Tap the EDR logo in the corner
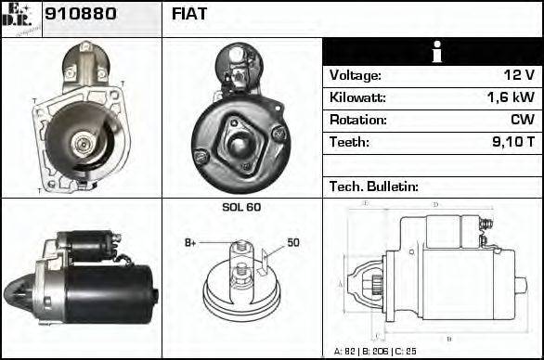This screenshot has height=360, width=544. point(20,19)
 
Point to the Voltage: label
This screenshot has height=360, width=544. point(355,75)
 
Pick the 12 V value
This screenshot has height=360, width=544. point(520,75)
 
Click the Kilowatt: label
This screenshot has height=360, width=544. point(357,97)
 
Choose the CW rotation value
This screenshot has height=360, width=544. point(522,120)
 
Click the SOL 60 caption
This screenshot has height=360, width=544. point(240,207)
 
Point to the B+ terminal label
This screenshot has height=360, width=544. point(190,243)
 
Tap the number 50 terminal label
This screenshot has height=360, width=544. point(292,243)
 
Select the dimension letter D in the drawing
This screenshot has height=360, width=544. point(435,205)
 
